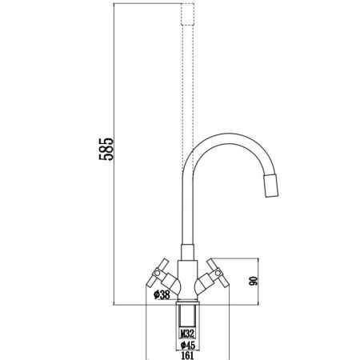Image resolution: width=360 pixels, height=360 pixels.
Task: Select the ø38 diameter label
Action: (161, 294)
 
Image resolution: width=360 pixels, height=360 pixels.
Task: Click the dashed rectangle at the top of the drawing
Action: (188, 14)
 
